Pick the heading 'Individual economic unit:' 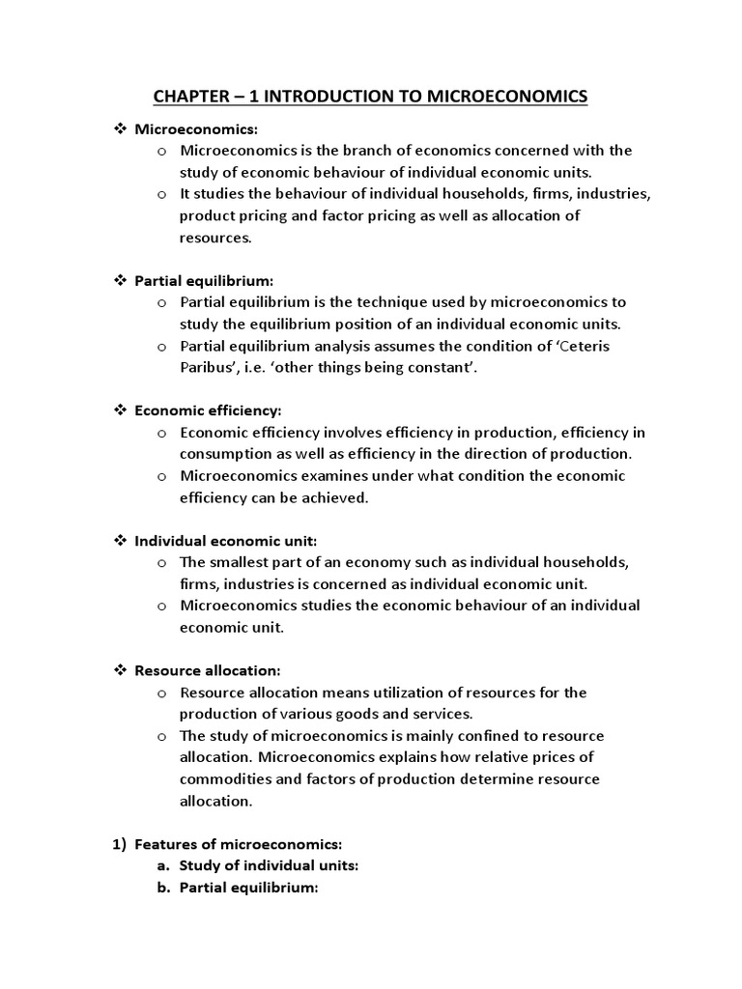(x=225, y=540)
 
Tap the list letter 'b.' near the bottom (x=161, y=887)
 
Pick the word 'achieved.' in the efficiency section (x=336, y=497)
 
